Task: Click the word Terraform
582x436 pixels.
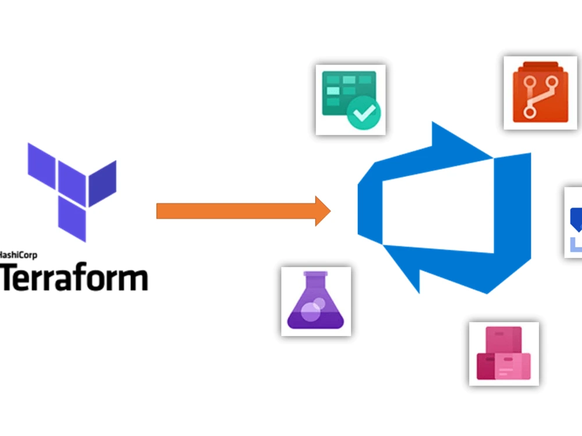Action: coord(74,277)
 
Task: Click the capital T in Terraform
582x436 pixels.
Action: coord(10,277)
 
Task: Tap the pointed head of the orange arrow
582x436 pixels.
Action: coord(323,211)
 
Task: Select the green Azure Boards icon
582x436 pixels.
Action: coord(350,99)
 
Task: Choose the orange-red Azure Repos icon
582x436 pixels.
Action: coord(540,92)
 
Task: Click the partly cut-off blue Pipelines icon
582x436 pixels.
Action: coord(573,221)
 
